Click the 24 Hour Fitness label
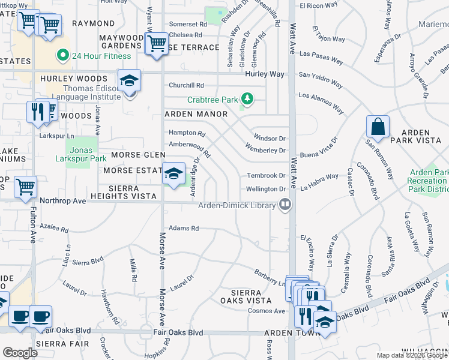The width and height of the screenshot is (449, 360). tap(101, 56)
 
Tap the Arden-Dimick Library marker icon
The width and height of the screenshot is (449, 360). tap(286, 205)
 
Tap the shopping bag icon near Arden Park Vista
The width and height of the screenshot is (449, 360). tap(378, 128)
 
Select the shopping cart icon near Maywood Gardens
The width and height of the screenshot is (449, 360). tap(156, 43)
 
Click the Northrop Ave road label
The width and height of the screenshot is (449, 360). tap(63, 201)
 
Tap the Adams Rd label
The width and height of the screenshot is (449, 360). tap(183, 229)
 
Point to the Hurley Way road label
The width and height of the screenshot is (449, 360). tap(265, 74)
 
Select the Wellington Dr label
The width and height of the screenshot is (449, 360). tap(266, 190)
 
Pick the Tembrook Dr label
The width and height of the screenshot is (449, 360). tap(265, 176)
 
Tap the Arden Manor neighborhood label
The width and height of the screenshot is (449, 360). tap(196, 114)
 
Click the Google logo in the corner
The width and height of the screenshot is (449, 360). tap(20, 353)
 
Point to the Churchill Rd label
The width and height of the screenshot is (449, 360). tap(186, 86)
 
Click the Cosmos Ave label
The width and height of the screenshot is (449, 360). tap(267, 311)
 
